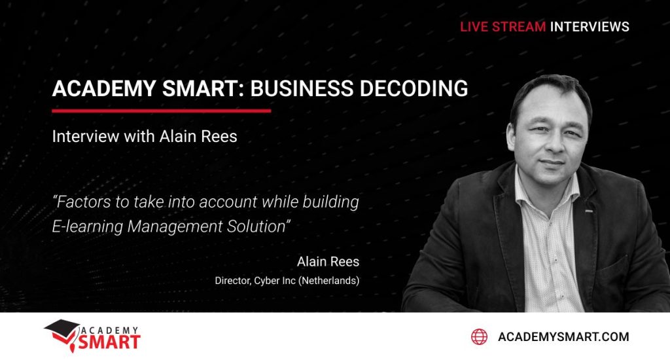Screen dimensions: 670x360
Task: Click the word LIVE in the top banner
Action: [474, 26]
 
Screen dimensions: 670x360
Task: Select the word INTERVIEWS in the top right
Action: [590, 26]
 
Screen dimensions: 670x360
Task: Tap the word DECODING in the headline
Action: [414, 88]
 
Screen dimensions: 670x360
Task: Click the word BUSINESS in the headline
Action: [302, 88]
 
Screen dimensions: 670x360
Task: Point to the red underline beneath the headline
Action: [162, 111]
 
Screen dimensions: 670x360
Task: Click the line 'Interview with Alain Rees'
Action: [145, 136]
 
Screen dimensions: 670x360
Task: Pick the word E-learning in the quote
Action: [88, 226]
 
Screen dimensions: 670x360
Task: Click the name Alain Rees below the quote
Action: [328, 262]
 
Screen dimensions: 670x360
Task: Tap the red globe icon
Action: [479, 337]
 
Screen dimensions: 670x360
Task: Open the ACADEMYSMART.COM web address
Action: [563, 337]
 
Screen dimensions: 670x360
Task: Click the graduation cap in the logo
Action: [62, 330]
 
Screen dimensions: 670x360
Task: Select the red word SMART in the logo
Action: [109, 342]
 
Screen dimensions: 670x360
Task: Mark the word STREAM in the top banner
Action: [519, 26]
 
